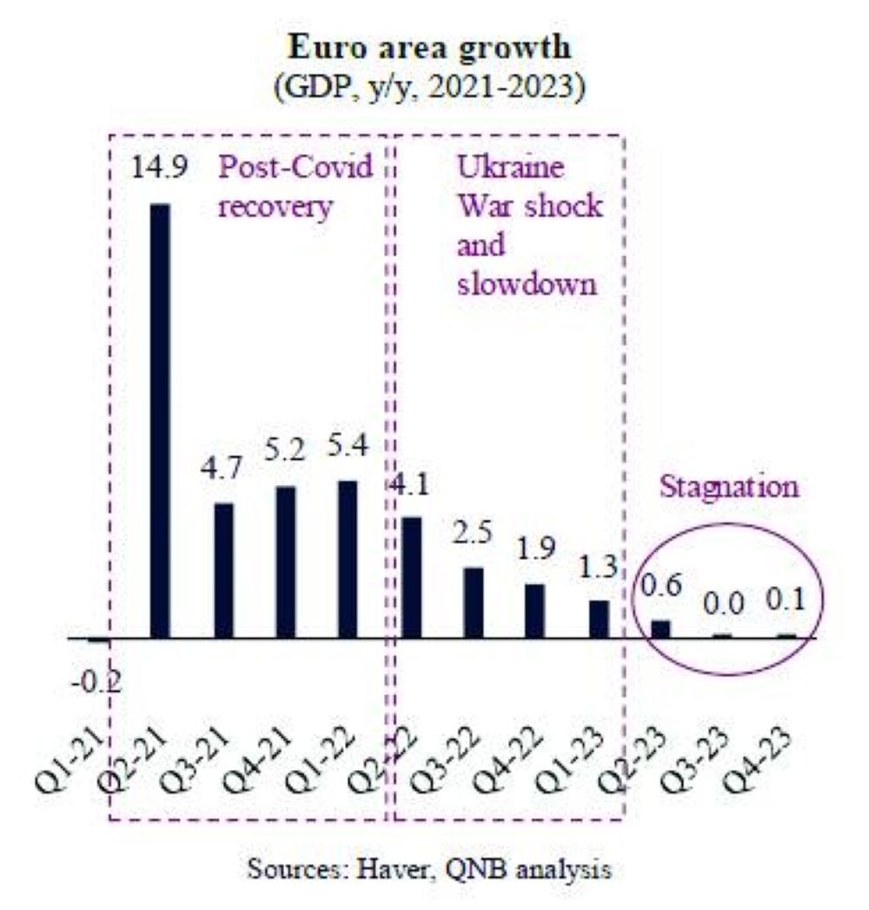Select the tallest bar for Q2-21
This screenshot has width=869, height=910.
pyautogui.click(x=161, y=421)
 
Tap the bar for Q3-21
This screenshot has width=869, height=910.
pyautogui.click(x=223, y=570)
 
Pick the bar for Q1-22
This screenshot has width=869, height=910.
pyautogui.click(x=347, y=559)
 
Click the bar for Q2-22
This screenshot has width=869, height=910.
pyautogui.click(x=411, y=577)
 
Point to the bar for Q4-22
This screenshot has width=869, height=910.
pyautogui.click(x=534, y=610)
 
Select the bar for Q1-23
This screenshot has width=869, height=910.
pyautogui.click(x=599, y=619)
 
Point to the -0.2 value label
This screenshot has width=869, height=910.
pyautogui.click(x=96, y=684)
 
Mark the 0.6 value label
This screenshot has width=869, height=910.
pyautogui.click(x=660, y=587)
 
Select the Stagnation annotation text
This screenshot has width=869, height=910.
pyautogui.click(x=729, y=487)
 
